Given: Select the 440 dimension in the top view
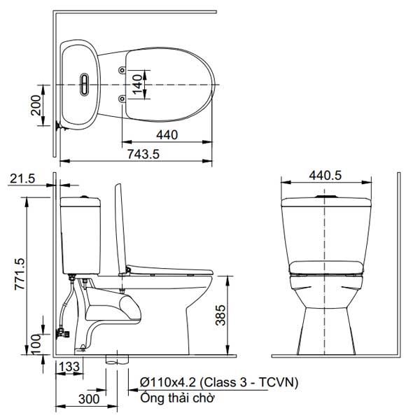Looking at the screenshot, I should coord(167,134).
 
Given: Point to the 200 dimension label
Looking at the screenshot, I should coord(36,106).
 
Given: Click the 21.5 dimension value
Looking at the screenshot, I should coord(23,179).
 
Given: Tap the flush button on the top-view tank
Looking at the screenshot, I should coord(85,84).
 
